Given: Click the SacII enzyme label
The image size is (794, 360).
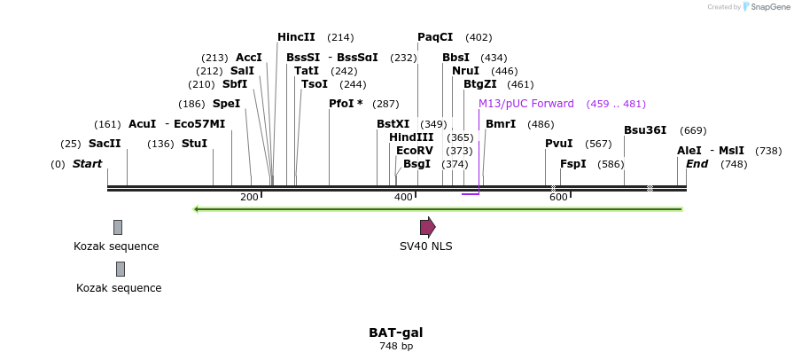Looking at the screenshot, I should click(x=104, y=144).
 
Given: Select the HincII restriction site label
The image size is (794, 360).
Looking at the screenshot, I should click(x=296, y=37).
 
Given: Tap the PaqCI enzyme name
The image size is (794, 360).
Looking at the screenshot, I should click(x=435, y=37).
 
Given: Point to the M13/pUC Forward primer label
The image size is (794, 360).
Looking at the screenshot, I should click(x=526, y=104).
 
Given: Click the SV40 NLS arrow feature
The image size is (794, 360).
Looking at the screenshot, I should click(x=427, y=227).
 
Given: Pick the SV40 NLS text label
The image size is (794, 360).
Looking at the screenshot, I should click(x=425, y=247).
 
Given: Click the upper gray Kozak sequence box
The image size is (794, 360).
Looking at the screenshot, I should click(x=118, y=227).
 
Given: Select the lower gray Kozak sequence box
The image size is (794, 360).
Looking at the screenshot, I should click(x=121, y=269).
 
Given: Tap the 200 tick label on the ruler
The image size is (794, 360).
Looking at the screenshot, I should click(x=248, y=197).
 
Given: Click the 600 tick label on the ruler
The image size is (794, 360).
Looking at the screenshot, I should click(x=558, y=197).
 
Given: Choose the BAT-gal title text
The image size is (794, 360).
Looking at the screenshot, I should click(x=396, y=333).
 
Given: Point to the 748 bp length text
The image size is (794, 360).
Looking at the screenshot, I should click(x=396, y=346).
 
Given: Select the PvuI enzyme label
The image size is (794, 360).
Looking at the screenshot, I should click(x=558, y=144).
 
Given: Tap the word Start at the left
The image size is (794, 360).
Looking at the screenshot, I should click(x=87, y=164).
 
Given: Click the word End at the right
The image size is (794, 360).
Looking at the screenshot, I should click(x=697, y=164).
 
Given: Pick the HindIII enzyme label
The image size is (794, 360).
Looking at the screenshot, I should click(x=411, y=137).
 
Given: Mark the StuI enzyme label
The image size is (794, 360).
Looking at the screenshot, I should click(x=194, y=144).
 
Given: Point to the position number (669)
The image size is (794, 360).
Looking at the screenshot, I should click(x=693, y=130).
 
